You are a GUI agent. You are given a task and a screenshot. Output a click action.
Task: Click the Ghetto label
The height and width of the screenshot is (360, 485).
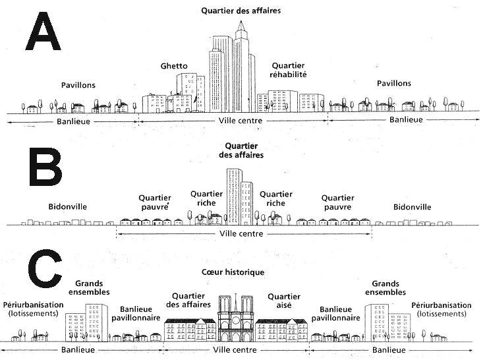(x=174, y=66)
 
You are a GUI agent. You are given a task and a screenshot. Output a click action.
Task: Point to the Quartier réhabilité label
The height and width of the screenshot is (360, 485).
(x=289, y=70)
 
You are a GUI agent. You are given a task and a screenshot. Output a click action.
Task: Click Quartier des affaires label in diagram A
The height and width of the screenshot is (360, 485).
(x=241, y=11)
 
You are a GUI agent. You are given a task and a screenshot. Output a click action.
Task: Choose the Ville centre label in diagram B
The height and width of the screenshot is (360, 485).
(x=241, y=233)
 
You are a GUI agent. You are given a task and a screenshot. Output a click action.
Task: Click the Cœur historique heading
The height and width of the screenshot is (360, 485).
(x=234, y=272)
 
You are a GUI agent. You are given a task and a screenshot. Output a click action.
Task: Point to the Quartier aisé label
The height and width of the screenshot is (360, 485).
(x=285, y=300)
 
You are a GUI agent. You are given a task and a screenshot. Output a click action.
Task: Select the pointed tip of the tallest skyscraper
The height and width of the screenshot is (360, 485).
(x=241, y=24)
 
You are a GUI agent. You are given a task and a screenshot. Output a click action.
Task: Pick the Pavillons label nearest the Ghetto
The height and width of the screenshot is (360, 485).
(x=78, y=85)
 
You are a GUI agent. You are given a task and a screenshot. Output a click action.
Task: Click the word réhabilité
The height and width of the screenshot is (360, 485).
(x=289, y=75)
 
